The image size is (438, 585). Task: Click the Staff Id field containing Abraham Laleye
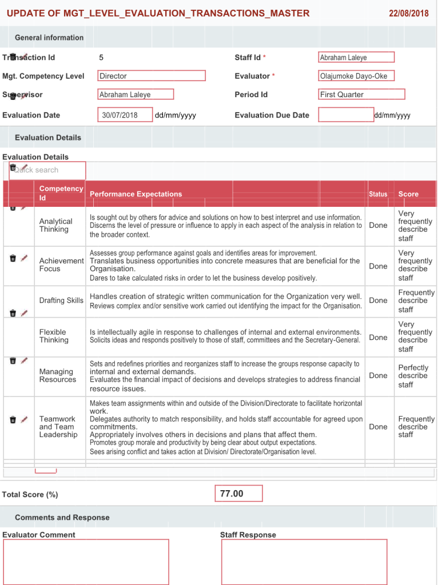click(x=356, y=57)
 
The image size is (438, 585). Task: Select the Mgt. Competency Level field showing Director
click(x=152, y=76)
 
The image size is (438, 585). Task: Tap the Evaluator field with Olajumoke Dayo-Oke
click(x=356, y=76)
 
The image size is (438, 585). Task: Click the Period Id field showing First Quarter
click(x=361, y=94)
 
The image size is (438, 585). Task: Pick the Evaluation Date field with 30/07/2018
click(x=125, y=115)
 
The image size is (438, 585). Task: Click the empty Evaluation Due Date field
click(x=345, y=115)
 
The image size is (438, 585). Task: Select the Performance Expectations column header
click(x=136, y=194)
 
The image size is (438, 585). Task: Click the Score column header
click(x=408, y=194)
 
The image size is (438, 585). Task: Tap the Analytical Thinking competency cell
click(x=56, y=225)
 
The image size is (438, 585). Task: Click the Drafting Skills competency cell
click(x=61, y=300)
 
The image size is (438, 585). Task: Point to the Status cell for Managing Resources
click(x=378, y=375)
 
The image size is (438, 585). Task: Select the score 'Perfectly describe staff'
click(x=413, y=375)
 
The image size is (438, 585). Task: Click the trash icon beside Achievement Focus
click(x=13, y=258)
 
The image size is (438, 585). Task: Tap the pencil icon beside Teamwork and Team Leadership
click(x=24, y=419)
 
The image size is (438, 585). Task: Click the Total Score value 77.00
click(x=238, y=494)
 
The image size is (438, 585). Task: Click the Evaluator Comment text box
click(x=86, y=562)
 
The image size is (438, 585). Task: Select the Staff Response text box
click(x=304, y=562)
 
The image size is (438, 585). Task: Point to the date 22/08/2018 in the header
click(x=408, y=13)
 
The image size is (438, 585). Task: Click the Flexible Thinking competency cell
click(x=53, y=336)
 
